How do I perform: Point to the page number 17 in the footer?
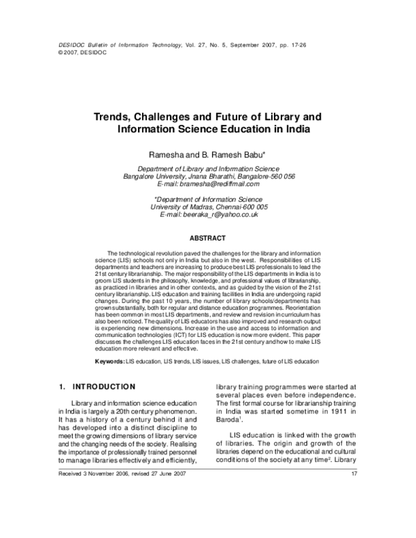coord(354,493)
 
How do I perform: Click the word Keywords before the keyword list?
coord(109,362)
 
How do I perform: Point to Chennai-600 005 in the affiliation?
coord(241,207)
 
